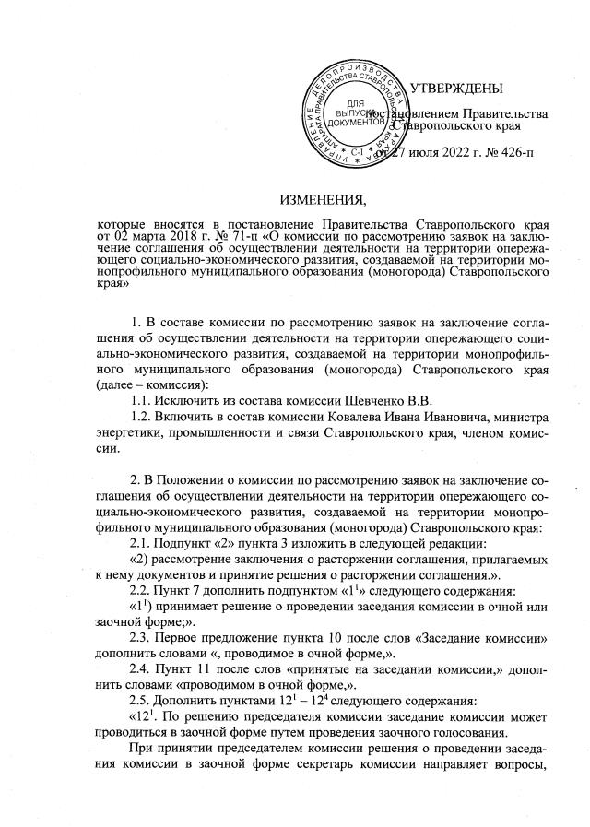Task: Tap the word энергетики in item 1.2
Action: [136, 434]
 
